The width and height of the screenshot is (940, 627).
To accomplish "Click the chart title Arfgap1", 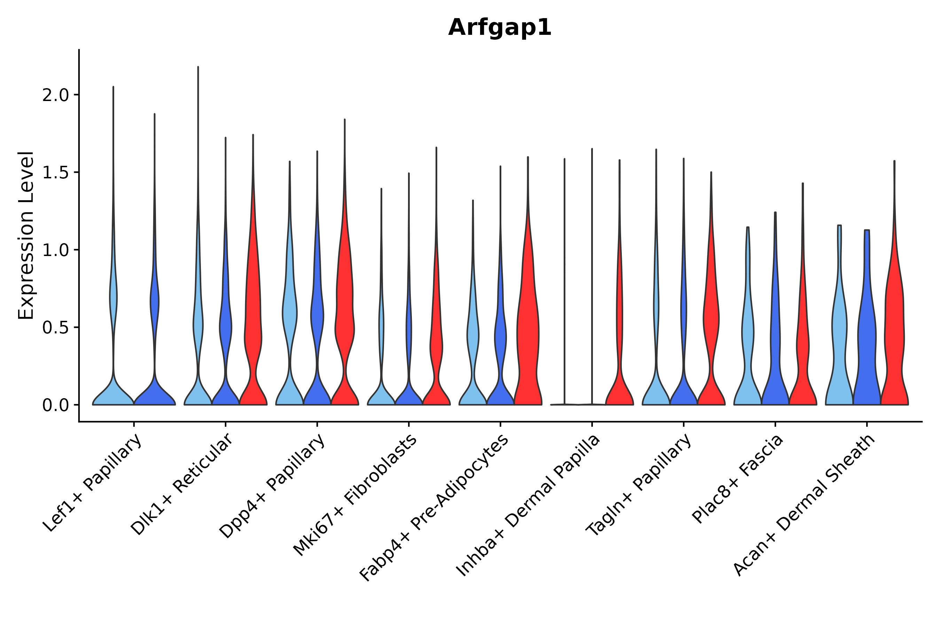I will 500,28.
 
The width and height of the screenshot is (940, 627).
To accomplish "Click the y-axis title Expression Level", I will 26,235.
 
